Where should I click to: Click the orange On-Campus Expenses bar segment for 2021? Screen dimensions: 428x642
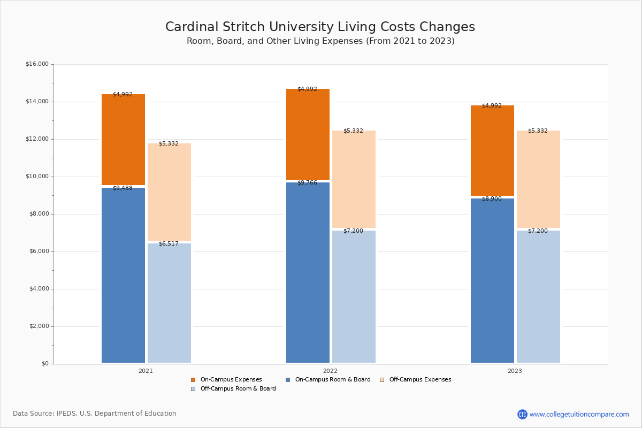123,140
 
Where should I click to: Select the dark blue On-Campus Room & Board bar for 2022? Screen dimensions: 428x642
308,272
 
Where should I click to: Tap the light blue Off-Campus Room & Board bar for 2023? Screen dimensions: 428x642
538,296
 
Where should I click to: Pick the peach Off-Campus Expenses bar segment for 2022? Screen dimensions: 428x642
354,179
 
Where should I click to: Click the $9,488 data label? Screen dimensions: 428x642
123,188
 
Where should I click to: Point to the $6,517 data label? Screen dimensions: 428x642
169,244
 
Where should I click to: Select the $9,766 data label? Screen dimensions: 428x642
307,183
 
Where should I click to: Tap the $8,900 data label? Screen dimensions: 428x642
492,199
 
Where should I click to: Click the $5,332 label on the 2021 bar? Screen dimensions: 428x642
169,144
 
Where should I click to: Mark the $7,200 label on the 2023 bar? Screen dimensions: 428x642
538,231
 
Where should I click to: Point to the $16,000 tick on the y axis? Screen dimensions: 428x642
37,64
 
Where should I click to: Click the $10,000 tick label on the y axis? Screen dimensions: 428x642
37,177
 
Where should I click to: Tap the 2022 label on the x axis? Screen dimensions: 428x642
330,371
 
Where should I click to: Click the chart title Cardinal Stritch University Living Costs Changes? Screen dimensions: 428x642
320,27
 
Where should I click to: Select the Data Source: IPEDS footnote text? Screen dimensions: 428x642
95,414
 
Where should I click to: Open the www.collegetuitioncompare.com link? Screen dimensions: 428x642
579,414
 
